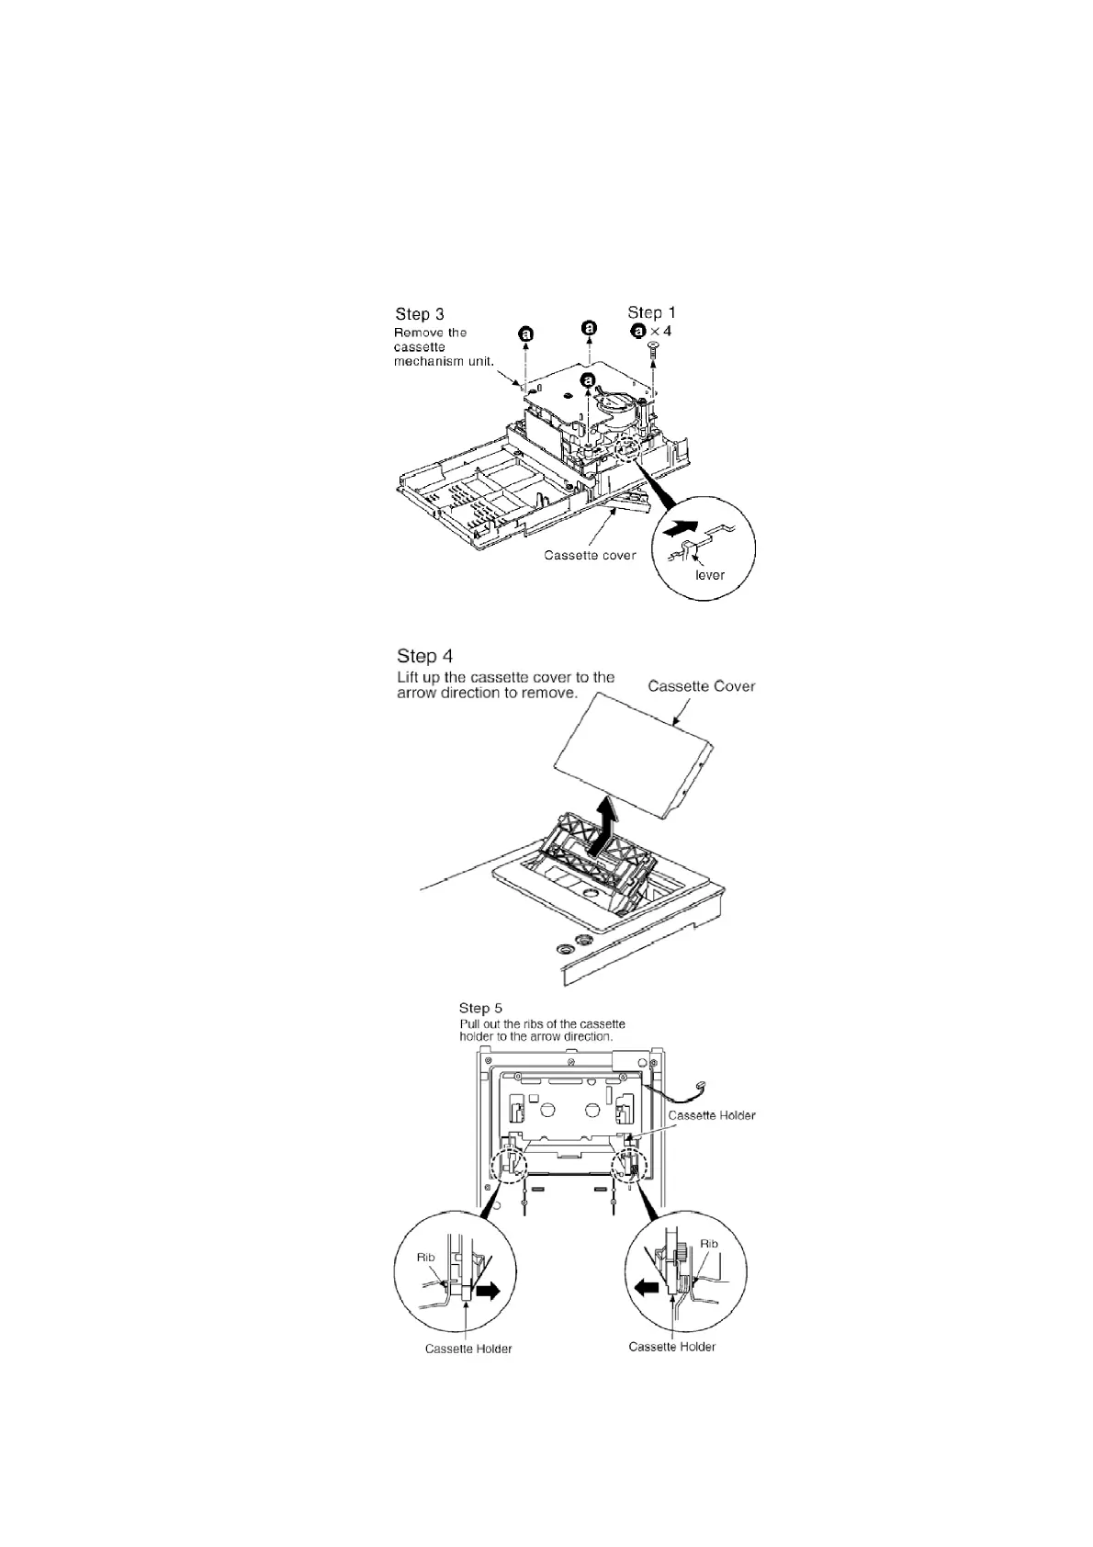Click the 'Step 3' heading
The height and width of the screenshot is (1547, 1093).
point(420,315)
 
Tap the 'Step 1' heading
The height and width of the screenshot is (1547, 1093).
point(651,312)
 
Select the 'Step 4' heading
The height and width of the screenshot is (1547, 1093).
point(424,656)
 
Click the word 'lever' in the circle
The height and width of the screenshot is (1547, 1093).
point(709,575)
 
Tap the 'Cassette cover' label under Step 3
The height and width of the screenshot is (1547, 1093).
point(590,555)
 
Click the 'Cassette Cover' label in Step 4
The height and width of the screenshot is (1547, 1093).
point(702,686)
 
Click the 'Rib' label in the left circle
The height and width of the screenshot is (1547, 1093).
point(426,1257)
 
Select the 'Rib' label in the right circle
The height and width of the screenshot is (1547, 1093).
point(708,1244)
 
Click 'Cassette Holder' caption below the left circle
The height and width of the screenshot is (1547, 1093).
point(468,1349)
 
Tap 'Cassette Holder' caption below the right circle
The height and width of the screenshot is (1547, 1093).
point(671,1347)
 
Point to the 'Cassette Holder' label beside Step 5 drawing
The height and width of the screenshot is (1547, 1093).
point(712,1114)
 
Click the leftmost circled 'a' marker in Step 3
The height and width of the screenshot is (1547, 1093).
point(526,335)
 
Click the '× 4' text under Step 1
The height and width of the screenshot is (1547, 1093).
point(661,331)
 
